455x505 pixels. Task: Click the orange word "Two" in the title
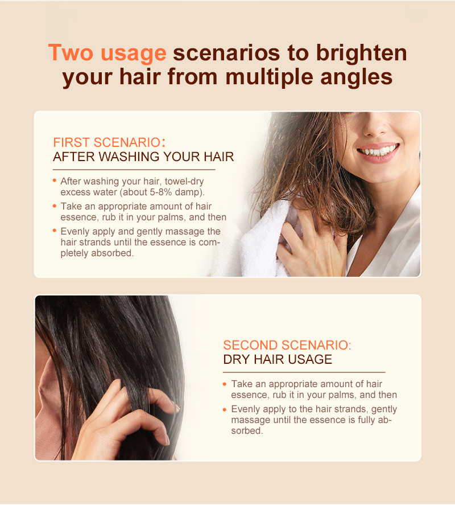71,52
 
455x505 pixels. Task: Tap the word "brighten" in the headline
361,53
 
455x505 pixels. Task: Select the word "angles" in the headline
357,78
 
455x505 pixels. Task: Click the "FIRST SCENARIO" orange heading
106,142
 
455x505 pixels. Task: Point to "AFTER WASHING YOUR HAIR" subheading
143,157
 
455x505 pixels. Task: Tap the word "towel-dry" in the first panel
184,181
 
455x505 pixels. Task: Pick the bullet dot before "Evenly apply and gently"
55,231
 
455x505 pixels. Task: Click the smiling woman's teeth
378,151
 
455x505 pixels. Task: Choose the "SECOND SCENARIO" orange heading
287,345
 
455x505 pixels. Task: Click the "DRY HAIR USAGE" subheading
278,359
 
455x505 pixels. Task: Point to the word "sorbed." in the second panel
247,431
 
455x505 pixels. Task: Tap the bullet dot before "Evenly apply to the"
225,409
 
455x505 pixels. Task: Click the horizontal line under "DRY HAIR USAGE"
304,372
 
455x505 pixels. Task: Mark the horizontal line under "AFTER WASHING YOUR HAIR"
134,170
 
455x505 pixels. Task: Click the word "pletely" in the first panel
75,253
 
